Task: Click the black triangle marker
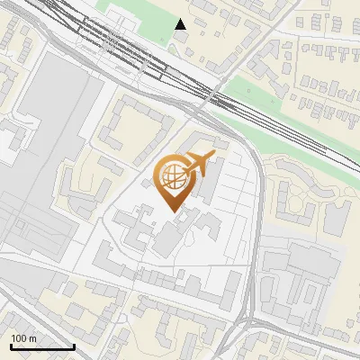(x=181, y=24)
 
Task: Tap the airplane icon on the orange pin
(x=200, y=163)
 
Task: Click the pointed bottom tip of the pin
(x=176, y=211)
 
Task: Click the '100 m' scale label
(x=23, y=338)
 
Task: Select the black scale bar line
(x=41, y=346)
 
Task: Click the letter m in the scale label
(x=32, y=338)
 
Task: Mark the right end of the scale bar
(x=73, y=346)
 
